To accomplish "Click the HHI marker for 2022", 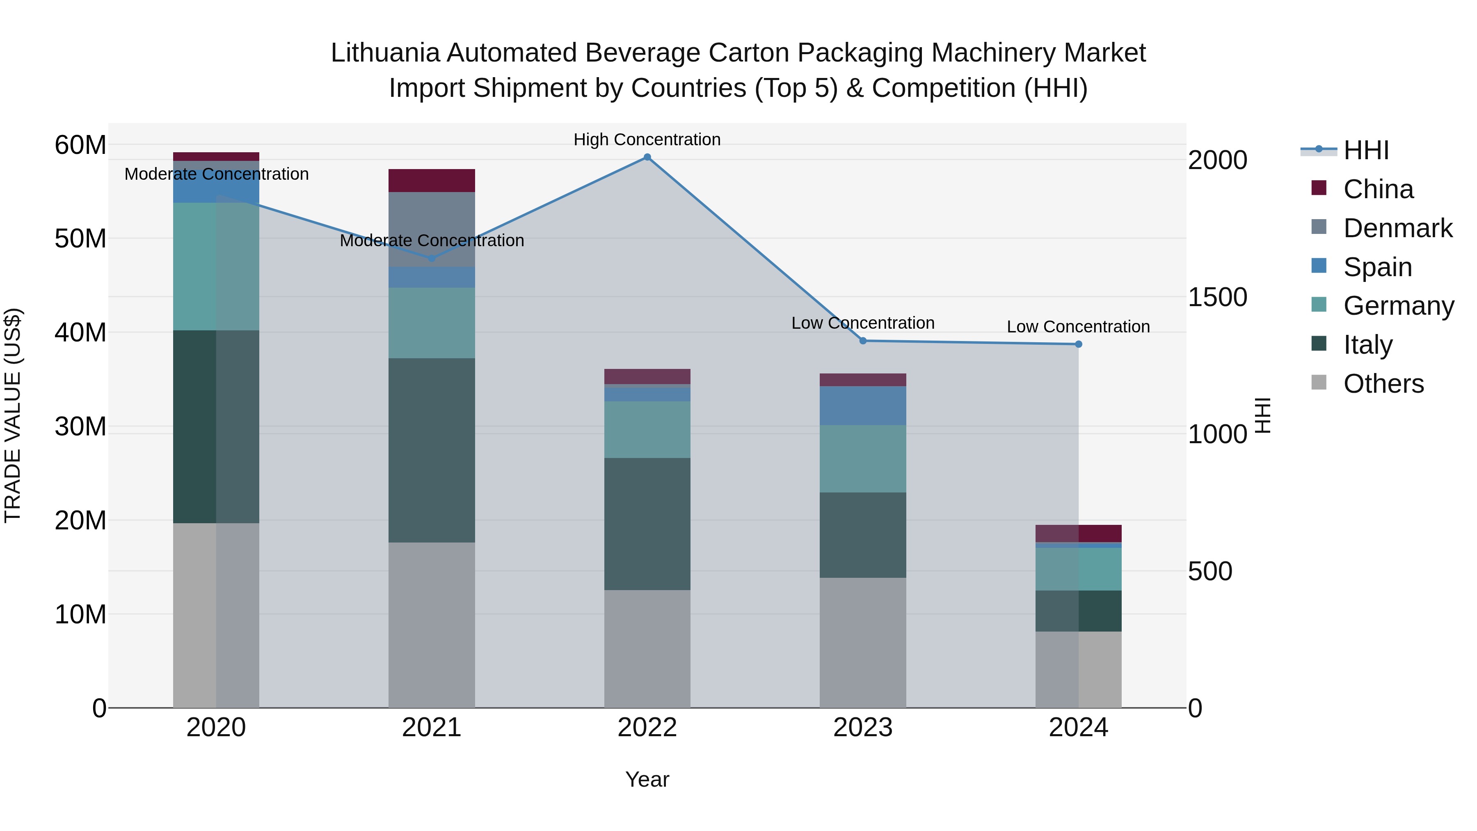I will click(x=647, y=157).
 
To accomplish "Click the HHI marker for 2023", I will click(x=863, y=341).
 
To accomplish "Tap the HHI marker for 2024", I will click(x=1079, y=344).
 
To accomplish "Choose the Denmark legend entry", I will click(x=1397, y=228).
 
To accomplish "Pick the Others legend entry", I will click(x=1383, y=384).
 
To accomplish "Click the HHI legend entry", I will click(x=1366, y=150).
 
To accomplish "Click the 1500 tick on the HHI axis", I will click(x=1217, y=297).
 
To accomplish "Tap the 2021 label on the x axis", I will click(x=432, y=728).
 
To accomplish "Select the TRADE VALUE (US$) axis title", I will click(x=13, y=415).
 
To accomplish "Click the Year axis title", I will click(x=647, y=779).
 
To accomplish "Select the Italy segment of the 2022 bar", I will click(x=647, y=524).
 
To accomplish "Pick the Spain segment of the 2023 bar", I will click(x=863, y=405).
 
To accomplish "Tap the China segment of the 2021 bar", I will click(x=432, y=181).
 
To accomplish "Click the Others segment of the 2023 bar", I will click(x=863, y=642).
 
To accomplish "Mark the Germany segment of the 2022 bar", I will click(x=647, y=430).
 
